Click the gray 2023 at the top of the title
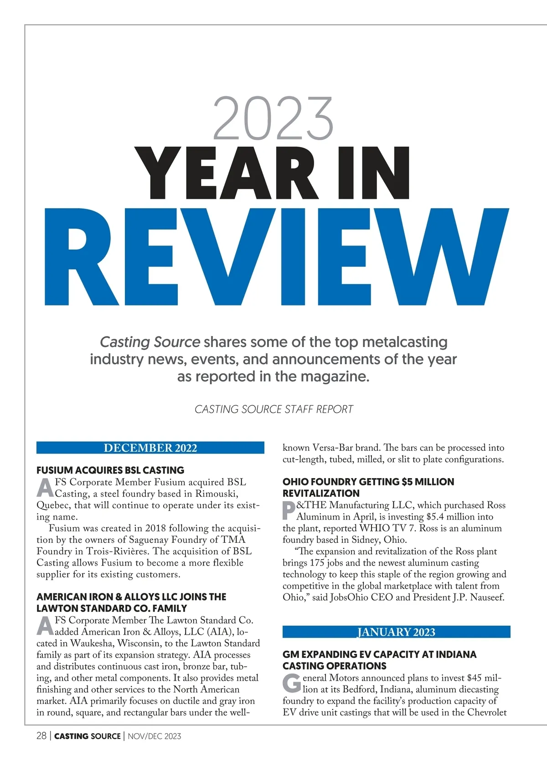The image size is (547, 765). point(273,118)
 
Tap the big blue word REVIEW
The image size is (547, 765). point(276,258)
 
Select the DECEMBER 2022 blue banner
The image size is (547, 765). point(150,448)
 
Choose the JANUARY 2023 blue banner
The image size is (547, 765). point(396,632)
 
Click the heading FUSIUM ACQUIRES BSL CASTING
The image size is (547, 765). point(110,470)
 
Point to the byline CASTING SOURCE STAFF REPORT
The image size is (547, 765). point(273,409)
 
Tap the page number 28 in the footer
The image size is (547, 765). point(41,736)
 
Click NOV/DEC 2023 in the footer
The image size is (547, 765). point(154,736)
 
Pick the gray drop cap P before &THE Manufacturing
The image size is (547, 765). point(289,510)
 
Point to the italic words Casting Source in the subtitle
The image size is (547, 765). point(150,342)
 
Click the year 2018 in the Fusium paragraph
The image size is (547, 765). point(156,528)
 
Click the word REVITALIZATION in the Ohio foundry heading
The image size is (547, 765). point(321,493)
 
